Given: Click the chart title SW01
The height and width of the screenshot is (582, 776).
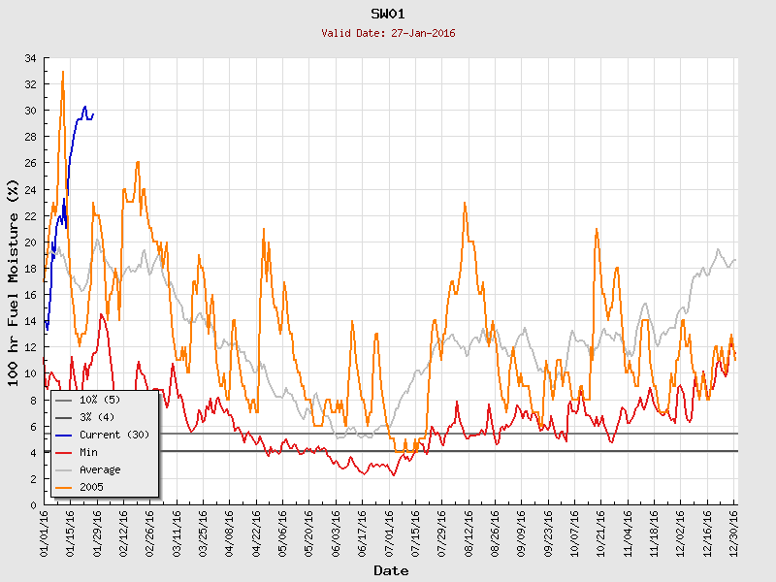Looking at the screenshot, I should [x=388, y=14].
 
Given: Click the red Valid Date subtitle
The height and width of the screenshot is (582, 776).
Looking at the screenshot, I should [x=388, y=33].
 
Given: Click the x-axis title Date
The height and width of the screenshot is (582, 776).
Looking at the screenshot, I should [x=391, y=570].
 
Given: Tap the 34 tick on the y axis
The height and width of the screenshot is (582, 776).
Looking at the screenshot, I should [x=31, y=58].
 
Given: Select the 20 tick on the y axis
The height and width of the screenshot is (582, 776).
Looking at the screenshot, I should [x=31, y=242].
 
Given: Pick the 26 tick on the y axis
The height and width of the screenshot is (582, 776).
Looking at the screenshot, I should [x=31, y=164].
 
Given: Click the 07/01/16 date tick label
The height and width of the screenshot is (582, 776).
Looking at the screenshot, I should [x=389, y=531].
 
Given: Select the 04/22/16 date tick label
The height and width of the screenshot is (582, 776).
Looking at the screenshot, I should [x=257, y=531].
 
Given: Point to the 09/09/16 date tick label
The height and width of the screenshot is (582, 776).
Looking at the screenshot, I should [x=522, y=531].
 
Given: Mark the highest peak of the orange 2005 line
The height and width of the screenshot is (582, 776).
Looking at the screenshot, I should [x=63, y=72].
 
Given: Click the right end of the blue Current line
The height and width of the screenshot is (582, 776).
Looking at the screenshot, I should [x=93, y=113].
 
